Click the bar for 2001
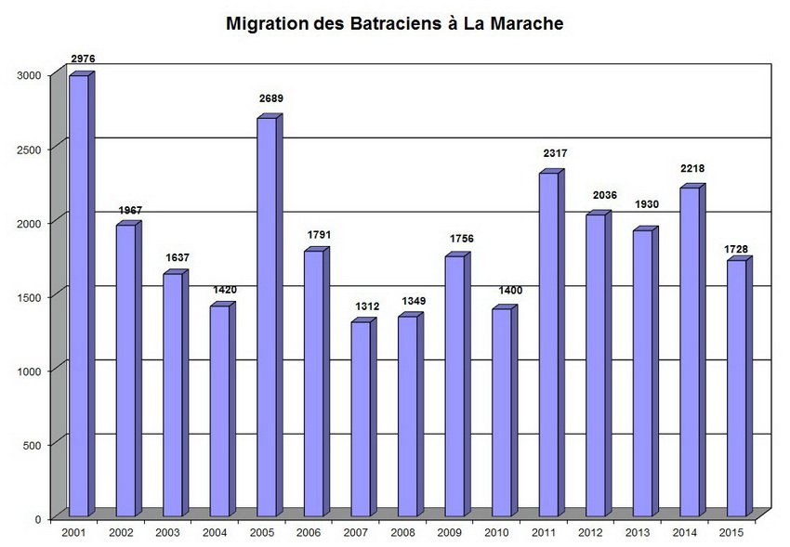pyautogui.click(x=79, y=297)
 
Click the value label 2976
pyautogui.click(x=84, y=59)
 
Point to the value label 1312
pyautogui.click(x=365, y=306)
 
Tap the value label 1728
pyautogui.click(x=739, y=248)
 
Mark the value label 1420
pyautogui.click(x=224, y=290)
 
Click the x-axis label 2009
pyautogui.click(x=449, y=533)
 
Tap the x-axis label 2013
pyautogui.click(x=637, y=533)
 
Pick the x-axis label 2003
pyautogui.click(x=167, y=533)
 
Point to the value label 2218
pyautogui.click(x=692, y=169)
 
